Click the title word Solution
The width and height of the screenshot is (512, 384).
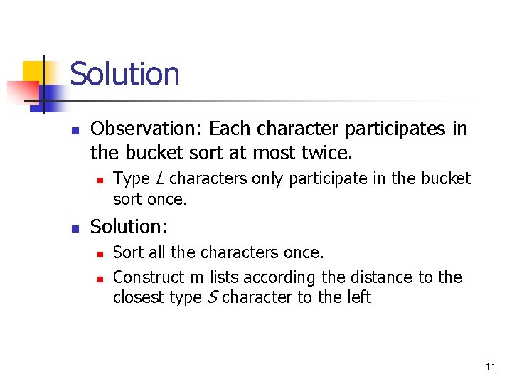coord(124,74)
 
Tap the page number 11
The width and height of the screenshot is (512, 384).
coord(490,367)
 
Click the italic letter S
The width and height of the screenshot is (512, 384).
coord(212,297)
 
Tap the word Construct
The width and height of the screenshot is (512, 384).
coord(148,277)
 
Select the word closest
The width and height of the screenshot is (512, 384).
coord(137,297)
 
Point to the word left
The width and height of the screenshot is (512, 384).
coord(359,297)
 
